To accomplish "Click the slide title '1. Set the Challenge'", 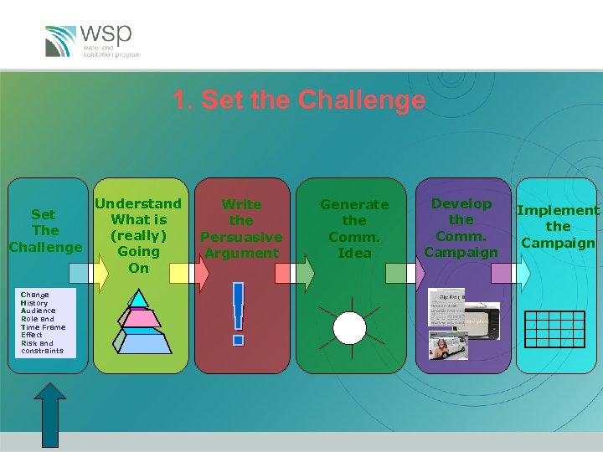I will click(x=299, y=100).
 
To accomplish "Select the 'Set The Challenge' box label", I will click(x=45, y=231).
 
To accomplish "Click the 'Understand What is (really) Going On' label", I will click(x=138, y=235).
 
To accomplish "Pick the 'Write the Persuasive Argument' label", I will click(x=241, y=229).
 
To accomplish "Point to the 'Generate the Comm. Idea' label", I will click(x=354, y=229).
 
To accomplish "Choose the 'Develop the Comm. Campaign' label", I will click(x=461, y=228).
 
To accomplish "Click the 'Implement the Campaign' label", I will click(x=558, y=227).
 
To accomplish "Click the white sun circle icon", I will click(x=349, y=327).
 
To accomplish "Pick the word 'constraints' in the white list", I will click(x=42, y=351).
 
